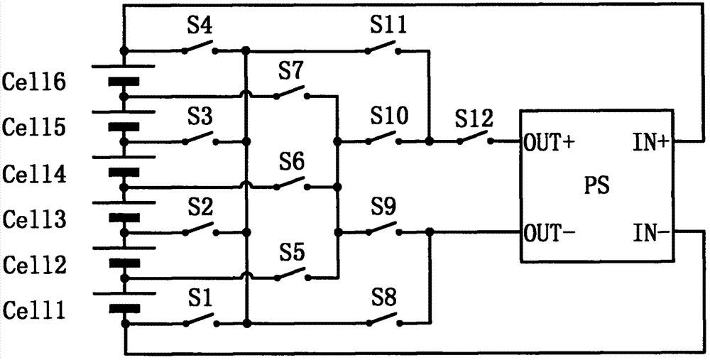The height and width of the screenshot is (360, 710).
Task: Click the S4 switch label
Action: (201, 26)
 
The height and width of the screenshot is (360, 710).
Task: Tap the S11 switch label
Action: (388, 26)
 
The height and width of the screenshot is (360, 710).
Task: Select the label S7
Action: (291, 72)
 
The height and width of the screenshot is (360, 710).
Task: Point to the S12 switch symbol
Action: (474, 138)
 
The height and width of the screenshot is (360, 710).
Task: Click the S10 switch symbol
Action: (383, 138)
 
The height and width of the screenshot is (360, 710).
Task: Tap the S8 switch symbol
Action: (383, 320)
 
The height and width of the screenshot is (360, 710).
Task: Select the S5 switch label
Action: (291, 253)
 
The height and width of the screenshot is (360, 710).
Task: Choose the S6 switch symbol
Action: (291, 183)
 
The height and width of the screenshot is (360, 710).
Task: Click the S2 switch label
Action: (201, 207)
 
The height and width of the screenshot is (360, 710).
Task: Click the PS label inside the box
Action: (596, 186)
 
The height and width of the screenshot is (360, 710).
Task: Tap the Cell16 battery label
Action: (34, 83)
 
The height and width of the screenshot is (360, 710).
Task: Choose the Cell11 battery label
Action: (34, 311)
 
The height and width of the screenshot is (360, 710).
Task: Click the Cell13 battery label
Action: (34, 219)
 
